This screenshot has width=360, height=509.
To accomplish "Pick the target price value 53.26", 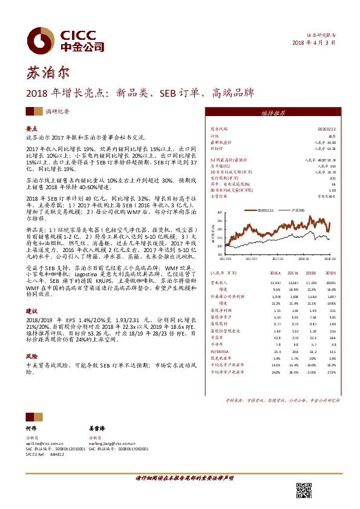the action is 328,147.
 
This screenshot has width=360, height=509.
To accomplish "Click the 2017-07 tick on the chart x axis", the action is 247,256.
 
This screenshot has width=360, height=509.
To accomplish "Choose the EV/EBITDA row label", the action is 220,351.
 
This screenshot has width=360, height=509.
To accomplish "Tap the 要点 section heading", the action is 31,129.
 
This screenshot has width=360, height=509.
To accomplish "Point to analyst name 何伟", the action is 31,427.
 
